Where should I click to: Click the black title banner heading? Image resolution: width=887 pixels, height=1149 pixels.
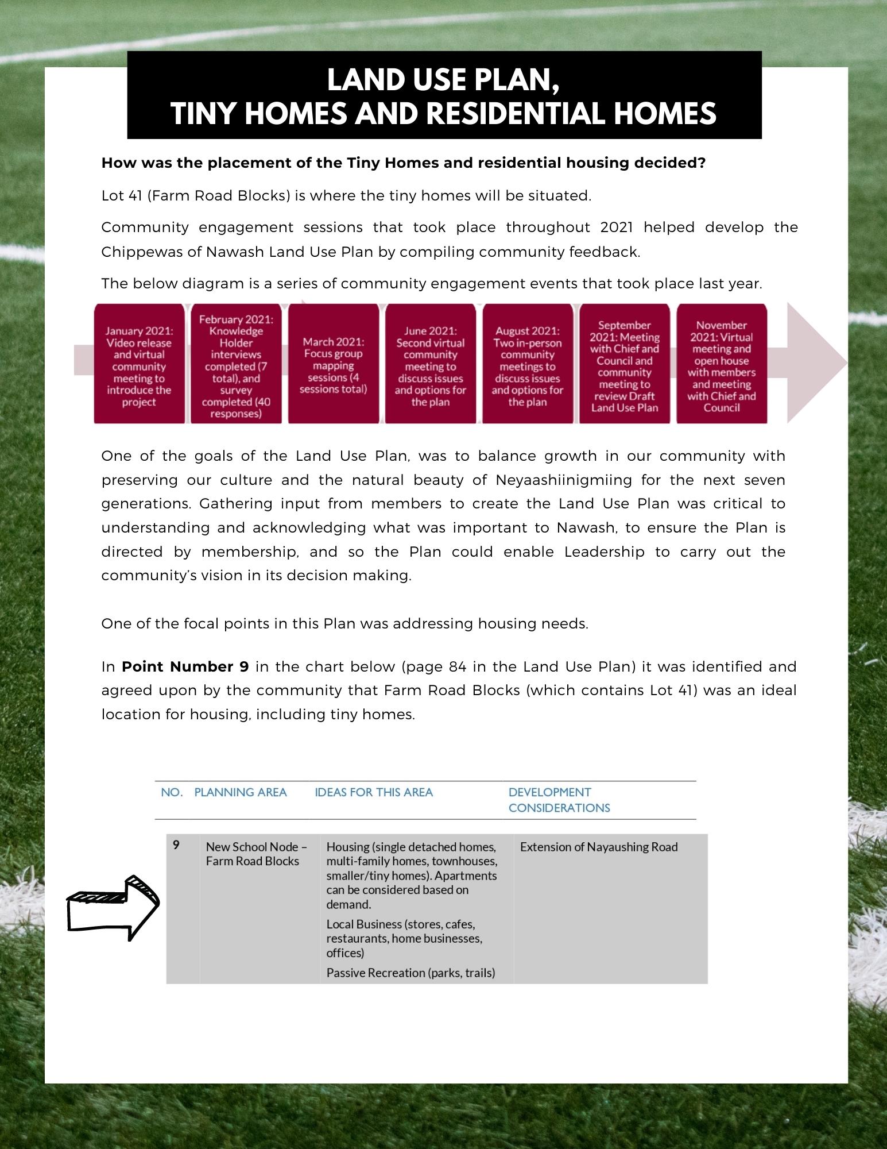pyautogui.click(x=444, y=96)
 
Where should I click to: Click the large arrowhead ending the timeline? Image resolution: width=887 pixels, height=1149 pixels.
pyautogui.click(x=815, y=363)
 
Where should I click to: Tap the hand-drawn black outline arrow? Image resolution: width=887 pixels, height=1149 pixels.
pyautogui.click(x=113, y=908)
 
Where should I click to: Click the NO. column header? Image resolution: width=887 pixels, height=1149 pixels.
pyautogui.click(x=172, y=792)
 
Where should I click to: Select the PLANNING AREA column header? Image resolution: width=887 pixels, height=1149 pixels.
pyautogui.click(x=240, y=792)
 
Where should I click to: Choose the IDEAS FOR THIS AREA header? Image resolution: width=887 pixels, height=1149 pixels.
pyautogui.click(x=374, y=792)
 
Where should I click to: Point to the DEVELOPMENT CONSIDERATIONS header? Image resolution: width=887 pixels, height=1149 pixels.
pyautogui.click(x=559, y=800)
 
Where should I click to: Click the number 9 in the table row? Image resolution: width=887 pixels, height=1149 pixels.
pyautogui.click(x=176, y=845)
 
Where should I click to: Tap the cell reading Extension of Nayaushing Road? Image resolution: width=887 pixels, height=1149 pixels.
pyautogui.click(x=599, y=847)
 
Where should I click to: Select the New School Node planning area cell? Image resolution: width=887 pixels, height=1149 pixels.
pyautogui.click(x=256, y=854)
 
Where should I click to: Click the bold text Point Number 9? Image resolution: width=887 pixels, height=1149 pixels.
pyautogui.click(x=185, y=666)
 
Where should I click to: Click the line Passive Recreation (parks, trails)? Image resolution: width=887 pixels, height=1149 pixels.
pyautogui.click(x=410, y=973)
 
